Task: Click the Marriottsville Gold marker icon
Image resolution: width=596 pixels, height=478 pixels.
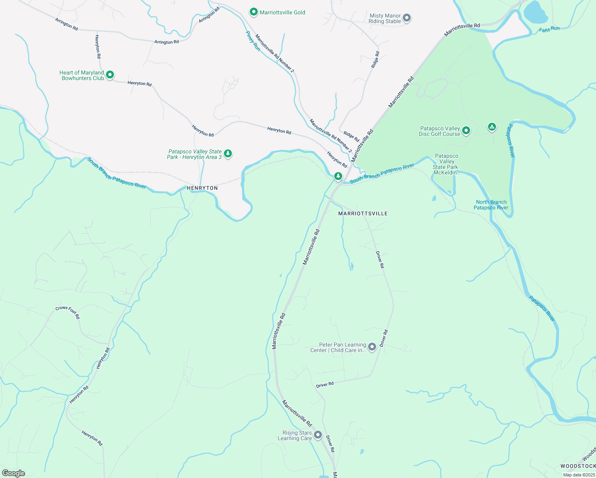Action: pos(254,12)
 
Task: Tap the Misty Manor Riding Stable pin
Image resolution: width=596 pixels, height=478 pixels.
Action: pos(407,18)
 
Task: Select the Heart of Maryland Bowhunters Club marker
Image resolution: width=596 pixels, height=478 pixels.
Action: pos(110,74)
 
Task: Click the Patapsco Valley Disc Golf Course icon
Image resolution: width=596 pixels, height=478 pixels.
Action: pos(466,130)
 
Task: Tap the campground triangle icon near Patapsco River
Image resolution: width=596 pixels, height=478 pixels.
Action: pos(492,127)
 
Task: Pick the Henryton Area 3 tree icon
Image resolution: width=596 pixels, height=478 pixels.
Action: pos(228,153)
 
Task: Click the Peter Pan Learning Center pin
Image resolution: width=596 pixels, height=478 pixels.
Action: pos(372,347)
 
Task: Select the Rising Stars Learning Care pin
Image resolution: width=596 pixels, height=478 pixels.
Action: pos(318,435)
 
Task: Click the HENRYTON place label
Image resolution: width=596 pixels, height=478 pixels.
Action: pos(202,188)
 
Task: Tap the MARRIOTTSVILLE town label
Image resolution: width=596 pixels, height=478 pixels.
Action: pos(363,214)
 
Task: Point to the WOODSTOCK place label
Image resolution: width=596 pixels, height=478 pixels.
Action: pos(578,466)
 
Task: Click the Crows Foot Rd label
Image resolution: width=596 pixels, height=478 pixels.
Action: pos(68,312)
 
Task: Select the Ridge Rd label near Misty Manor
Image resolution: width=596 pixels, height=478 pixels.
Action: pos(375,59)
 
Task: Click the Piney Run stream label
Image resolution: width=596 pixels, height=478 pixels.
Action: pos(253,41)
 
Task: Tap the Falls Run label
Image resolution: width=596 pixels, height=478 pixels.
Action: pos(549,29)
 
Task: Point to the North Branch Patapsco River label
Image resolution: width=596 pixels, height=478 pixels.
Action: pos(491,205)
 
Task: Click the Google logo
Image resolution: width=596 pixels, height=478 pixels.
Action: pos(13,473)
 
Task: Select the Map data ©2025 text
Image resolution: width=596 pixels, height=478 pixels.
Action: pos(578,475)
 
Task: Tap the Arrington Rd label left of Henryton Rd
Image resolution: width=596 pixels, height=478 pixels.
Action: pos(67,24)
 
